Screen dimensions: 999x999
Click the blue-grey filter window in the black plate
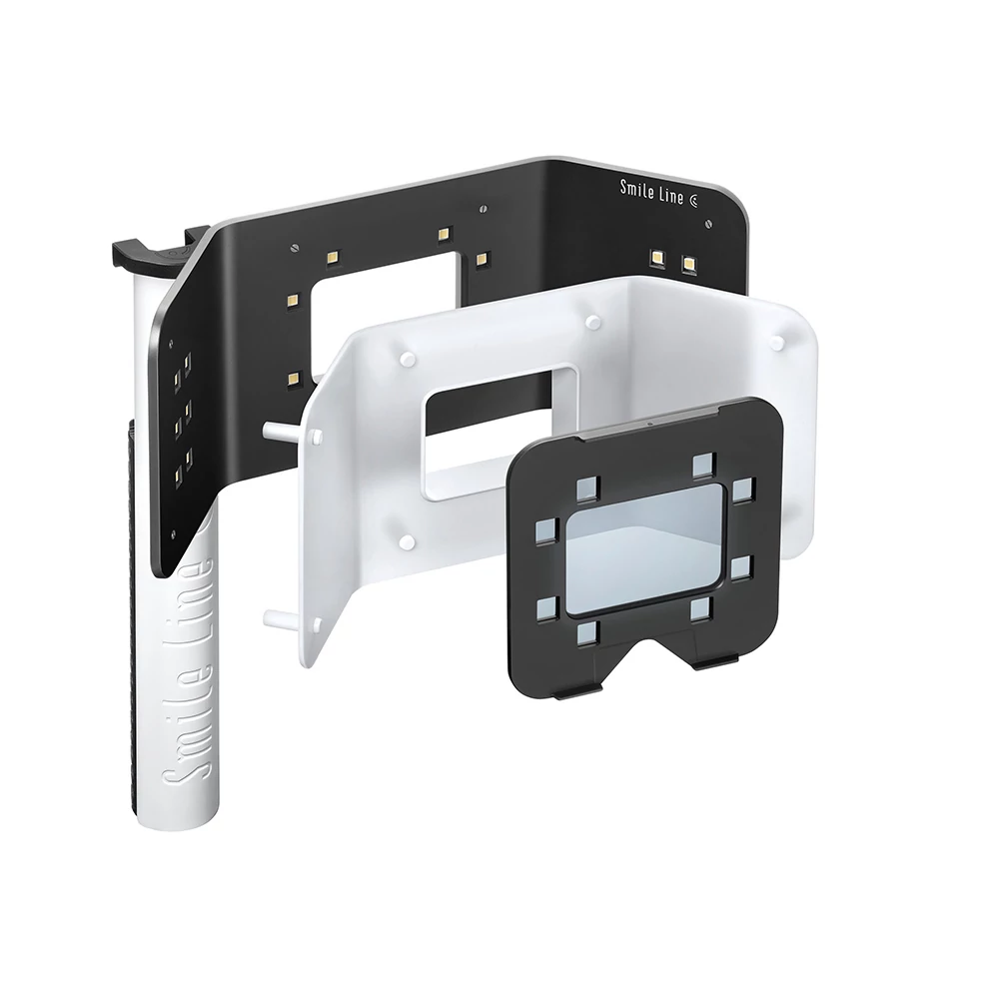[644, 549]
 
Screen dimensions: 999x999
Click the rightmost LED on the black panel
[688, 263]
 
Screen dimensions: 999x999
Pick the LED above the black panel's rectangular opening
[445, 234]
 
